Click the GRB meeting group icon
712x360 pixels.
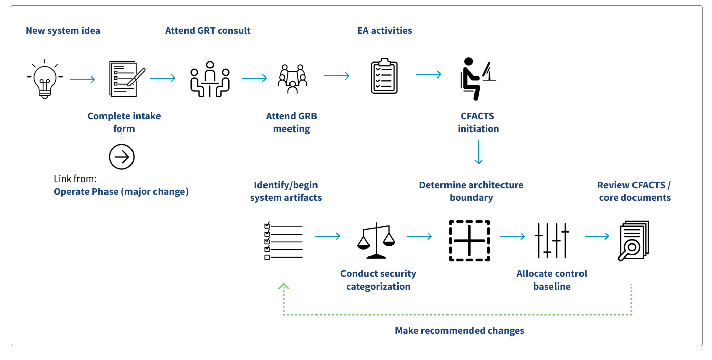(292, 79)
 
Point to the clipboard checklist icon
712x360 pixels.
(384, 76)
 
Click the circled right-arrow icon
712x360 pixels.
(121, 157)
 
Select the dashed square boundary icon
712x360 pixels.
(469, 241)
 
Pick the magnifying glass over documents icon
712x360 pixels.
(634, 241)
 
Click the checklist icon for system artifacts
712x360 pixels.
(283, 241)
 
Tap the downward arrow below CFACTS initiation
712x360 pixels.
(478, 153)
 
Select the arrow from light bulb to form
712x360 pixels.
(82, 79)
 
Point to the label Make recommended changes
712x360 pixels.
(459, 331)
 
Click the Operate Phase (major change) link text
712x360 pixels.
(121, 192)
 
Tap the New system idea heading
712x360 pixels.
(63, 31)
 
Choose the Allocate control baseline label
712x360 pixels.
(551, 280)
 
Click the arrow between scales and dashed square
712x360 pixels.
(419, 236)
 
